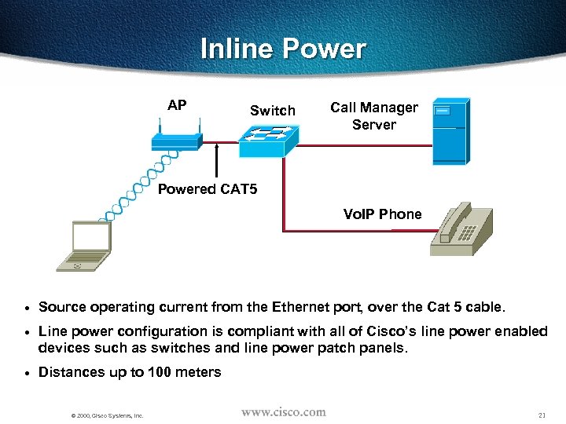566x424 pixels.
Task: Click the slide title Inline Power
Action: pyautogui.click(x=283, y=49)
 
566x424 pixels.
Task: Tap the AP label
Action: pyautogui.click(x=177, y=105)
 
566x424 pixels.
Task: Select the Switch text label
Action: pyautogui.click(x=272, y=111)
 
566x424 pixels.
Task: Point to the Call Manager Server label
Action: pyautogui.click(x=373, y=115)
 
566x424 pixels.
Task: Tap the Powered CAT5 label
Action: pyautogui.click(x=208, y=189)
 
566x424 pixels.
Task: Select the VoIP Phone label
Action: pyautogui.click(x=382, y=214)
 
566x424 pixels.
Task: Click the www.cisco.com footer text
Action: pyautogui.click(x=283, y=412)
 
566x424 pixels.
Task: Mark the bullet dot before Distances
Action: pyautogui.click(x=26, y=373)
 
